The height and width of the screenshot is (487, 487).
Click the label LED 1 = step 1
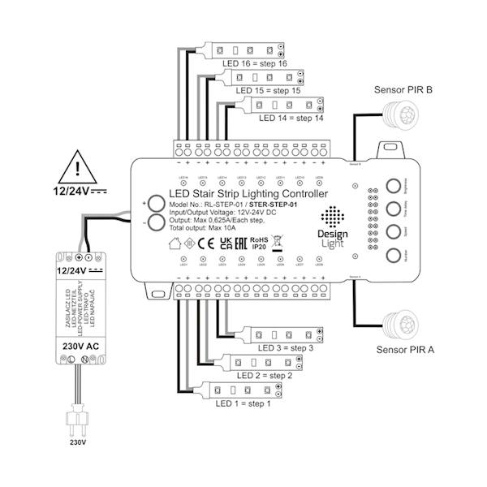point(241,403)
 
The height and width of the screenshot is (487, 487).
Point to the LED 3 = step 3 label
point(286,349)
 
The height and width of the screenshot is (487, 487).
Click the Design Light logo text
point(330,238)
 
